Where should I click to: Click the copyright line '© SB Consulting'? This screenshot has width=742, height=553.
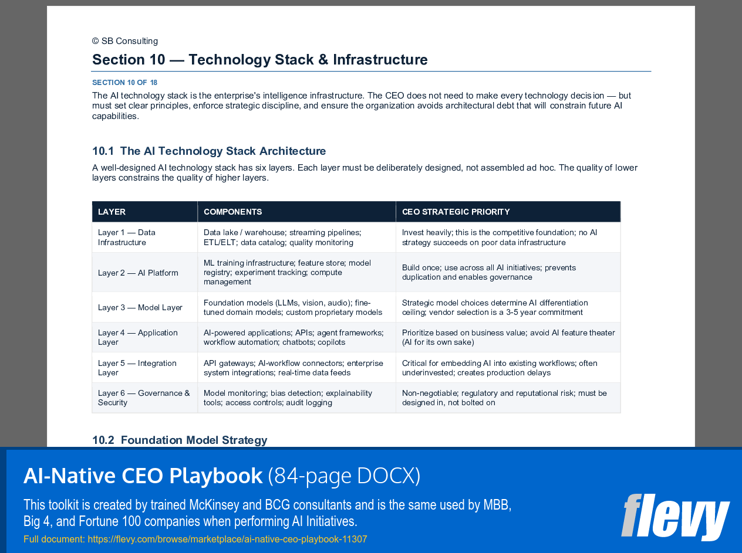125,41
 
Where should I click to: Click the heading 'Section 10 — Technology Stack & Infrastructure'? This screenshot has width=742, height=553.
259,60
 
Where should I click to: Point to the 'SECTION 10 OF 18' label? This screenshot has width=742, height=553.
124,83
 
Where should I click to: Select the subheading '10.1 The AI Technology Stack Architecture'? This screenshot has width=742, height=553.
209,151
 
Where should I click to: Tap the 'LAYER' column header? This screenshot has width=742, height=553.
112,212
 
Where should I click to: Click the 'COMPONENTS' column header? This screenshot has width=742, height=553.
232,212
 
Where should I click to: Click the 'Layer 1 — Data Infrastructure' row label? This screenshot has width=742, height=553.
127,238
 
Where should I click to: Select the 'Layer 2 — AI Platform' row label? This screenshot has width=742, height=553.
138,273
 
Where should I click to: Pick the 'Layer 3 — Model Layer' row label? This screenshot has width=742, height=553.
140,307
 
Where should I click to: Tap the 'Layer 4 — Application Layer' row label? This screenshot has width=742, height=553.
138,337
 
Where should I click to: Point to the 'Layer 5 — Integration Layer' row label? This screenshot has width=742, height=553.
137,368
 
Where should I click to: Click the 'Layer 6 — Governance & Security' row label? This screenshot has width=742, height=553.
144,398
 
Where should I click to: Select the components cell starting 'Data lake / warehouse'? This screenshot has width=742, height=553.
282,238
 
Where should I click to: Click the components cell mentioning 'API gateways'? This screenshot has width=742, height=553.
293,368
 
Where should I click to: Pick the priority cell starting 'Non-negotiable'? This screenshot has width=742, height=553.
504,398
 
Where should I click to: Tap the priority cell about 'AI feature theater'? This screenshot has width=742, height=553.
508,337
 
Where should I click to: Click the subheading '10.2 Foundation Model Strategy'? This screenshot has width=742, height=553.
180,440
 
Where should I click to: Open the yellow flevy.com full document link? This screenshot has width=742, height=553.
195,539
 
